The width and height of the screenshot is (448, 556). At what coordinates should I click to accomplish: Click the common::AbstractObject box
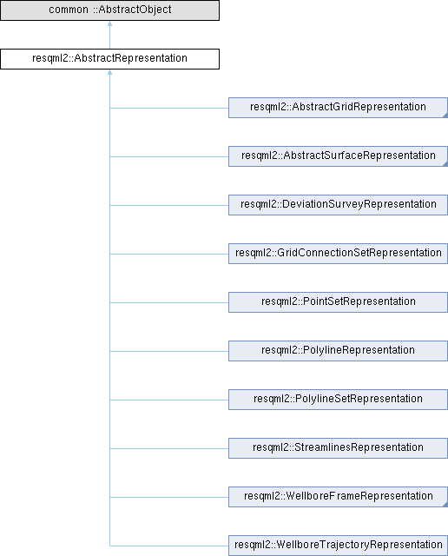point(110,10)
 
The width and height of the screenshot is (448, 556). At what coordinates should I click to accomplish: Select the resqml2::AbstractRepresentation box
point(110,59)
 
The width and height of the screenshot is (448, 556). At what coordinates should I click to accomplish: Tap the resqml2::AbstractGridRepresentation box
point(338,108)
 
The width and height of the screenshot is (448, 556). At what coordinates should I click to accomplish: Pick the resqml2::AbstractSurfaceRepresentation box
point(338,156)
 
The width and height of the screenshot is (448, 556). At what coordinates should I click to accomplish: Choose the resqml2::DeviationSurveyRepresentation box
point(338,205)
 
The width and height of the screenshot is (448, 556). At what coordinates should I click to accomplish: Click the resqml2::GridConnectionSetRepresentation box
point(338,254)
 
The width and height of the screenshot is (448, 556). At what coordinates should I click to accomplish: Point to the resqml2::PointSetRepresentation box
point(338,302)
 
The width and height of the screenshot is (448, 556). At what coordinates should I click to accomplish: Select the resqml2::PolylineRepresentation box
point(338,351)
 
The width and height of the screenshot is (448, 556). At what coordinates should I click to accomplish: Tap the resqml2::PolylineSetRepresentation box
point(338,400)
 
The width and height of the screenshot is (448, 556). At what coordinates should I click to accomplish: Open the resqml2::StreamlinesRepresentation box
point(338,448)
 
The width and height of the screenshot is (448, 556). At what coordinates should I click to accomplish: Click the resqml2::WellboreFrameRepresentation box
point(338,497)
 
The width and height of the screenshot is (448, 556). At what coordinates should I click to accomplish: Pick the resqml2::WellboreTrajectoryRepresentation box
point(338,546)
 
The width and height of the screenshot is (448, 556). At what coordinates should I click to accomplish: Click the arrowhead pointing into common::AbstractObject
point(110,23)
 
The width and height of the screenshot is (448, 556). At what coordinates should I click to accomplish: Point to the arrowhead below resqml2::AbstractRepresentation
point(110,72)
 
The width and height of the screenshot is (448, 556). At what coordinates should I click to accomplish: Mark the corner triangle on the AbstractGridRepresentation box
point(445,116)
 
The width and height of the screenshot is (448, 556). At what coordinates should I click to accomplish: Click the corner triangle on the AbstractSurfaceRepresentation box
point(445,164)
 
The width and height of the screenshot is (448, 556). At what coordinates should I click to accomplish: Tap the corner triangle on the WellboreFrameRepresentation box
point(445,505)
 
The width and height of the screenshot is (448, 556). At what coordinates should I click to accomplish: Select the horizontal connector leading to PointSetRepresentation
point(169,303)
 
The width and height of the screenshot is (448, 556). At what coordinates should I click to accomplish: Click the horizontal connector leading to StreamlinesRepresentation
point(169,448)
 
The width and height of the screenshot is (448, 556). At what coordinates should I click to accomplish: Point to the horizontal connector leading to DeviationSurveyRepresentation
point(169,205)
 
